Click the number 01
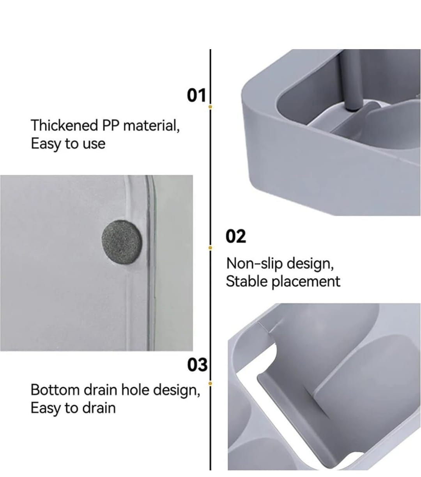coord(196,95)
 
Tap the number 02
coord(236,236)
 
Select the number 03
coord(197,365)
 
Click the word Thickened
coord(64,125)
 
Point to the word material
coord(151,126)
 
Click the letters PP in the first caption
coord(110,126)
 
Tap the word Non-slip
coord(254,263)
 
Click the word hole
coord(135,390)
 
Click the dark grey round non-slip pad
coord(122,243)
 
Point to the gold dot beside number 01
coord(210,107)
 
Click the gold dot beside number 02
coord(210,248)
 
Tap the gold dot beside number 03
coord(210,383)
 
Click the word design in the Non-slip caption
coord(310,264)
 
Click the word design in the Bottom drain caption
coord(177,390)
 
